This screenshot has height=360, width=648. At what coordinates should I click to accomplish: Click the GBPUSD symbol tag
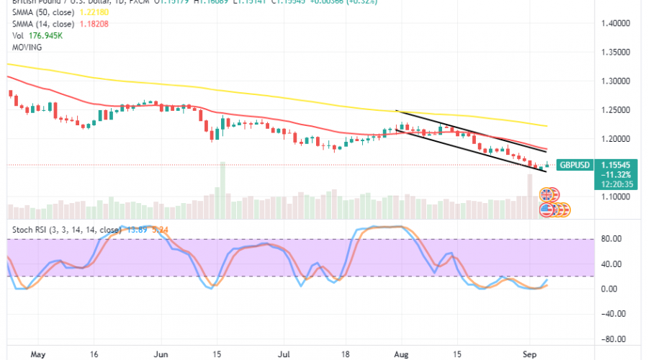[x=575, y=165]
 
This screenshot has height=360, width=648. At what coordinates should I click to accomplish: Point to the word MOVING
[x=26, y=47]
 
